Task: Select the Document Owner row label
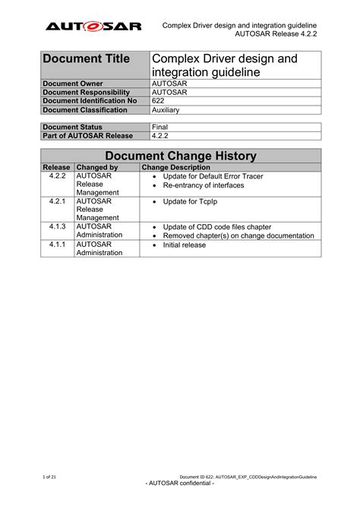(x=73, y=83)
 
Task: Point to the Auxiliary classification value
(x=166, y=110)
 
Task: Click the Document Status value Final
(x=160, y=127)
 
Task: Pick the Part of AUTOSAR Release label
(x=87, y=136)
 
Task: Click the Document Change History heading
(x=180, y=156)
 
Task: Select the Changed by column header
(x=97, y=167)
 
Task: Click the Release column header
(x=57, y=167)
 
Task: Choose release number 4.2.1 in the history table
(x=57, y=202)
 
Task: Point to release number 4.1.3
(x=57, y=227)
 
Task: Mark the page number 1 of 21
(x=49, y=476)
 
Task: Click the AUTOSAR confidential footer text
(x=179, y=484)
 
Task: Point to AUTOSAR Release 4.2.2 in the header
(x=276, y=35)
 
